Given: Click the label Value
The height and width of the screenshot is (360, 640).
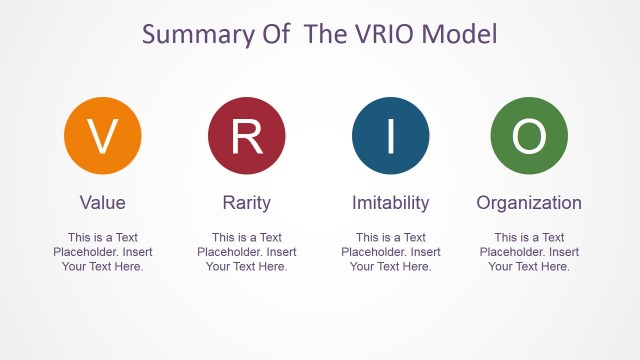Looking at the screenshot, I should tap(103, 203).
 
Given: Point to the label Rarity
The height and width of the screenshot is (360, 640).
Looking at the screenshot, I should tap(247, 203).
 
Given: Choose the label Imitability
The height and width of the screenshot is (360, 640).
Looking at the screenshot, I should tap(391, 203).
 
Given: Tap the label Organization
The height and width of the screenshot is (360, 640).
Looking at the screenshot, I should tap(529, 203).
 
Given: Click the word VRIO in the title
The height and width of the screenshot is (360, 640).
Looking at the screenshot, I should tap(381, 34).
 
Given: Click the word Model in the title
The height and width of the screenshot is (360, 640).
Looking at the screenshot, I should tap(460, 34).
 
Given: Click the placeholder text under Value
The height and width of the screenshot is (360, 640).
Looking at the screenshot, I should tap(103, 252).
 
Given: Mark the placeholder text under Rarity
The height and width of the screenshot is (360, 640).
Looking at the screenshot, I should tap(247, 252).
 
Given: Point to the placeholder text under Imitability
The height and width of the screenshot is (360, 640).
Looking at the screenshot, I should tap(391, 252).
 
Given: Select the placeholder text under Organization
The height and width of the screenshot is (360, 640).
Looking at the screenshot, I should tap(529, 252).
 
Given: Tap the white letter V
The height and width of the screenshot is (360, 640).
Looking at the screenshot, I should tap(103, 137).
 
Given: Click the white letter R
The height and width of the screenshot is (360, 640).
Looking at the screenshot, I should tap(247, 137).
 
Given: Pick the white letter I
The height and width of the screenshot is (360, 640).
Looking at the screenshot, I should tap(391, 137).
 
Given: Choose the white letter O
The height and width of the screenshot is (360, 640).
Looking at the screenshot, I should tap(529, 137).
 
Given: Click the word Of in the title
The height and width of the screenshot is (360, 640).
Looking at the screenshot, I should tap(272, 34).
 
